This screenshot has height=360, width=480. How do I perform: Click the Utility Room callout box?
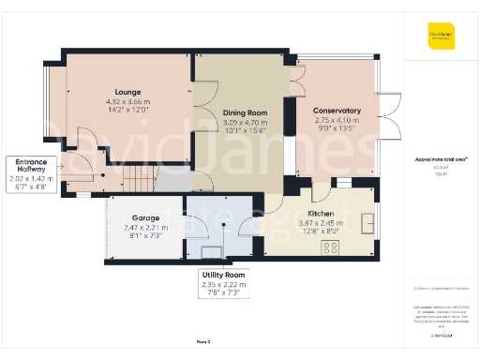[x=224, y=283]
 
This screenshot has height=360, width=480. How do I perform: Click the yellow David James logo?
[x=442, y=37]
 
